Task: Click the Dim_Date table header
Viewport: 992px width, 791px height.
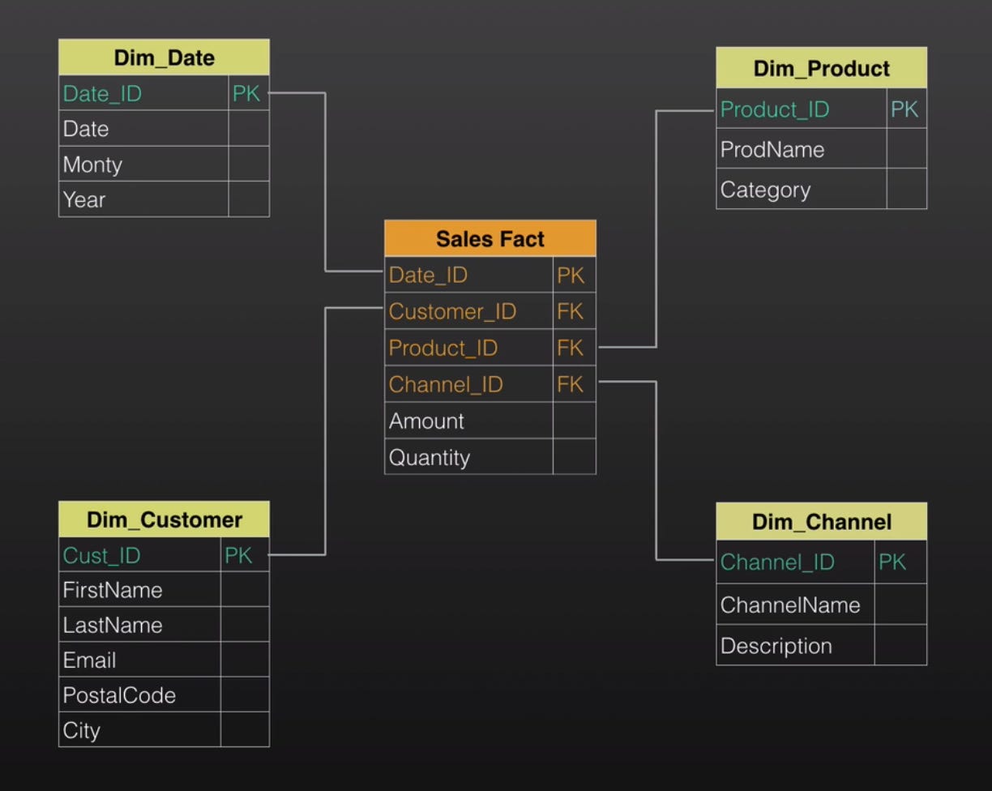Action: tap(164, 58)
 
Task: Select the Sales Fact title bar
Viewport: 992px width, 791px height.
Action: tap(490, 239)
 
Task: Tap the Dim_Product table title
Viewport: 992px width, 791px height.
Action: tap(821, 68)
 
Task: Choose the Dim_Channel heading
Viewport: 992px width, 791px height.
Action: tap(821, 522)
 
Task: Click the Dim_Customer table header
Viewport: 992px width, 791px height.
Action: tap(164, 519)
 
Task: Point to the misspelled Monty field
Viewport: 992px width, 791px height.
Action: tap(92, 165)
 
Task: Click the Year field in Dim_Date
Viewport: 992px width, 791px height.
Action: tap(84, 199)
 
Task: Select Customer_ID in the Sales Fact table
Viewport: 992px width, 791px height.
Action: tap(452, 311)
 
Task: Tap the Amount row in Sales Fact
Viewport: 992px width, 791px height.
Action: tap(426, 421)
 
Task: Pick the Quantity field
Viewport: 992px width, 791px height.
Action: tap(429, 457)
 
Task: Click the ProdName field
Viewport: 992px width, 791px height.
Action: tap(772, 149)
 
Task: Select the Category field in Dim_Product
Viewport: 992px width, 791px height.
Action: tap(765, 190)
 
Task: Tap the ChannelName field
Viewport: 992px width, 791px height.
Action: tap(789, 605)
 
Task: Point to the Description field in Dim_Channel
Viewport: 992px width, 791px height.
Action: tap(776, 646)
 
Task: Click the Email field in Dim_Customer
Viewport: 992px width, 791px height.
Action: tap(89, 661)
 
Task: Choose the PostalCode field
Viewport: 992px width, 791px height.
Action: tap(119, 695)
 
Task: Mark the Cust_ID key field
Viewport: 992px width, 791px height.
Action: tap(101, 555)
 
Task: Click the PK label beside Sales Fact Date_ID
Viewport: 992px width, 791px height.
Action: tap(570, 276)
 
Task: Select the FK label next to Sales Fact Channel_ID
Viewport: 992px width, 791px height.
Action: tap(570, 384)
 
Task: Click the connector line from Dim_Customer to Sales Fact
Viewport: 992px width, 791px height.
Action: tap(325, 430)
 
